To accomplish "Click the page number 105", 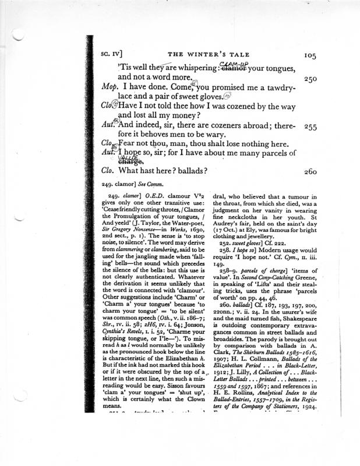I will coord(309,55).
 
